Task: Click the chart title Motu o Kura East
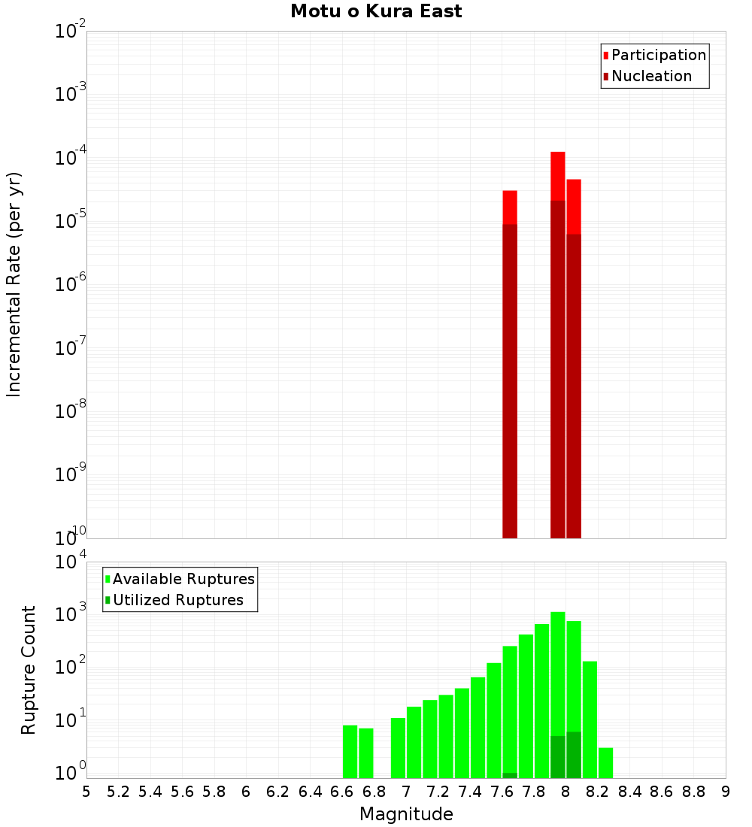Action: [x=376, y=12]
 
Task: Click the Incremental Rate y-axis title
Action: [x=14, y=284]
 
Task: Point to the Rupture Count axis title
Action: [x=29, y=670]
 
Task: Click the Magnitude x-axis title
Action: [x=406, y=813]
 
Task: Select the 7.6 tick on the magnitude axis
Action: [x=502, y=791]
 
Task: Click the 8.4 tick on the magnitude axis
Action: [x=630, y=791]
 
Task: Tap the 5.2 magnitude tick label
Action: [x=119, y=791]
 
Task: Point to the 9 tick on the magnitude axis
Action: [x=726, y=791]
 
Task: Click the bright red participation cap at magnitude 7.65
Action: [x=510, y=207]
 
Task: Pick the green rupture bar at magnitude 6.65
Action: [x=350, y=752]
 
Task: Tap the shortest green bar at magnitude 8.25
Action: [x=605, y=763]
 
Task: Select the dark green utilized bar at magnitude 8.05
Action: [x=574, y=755]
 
